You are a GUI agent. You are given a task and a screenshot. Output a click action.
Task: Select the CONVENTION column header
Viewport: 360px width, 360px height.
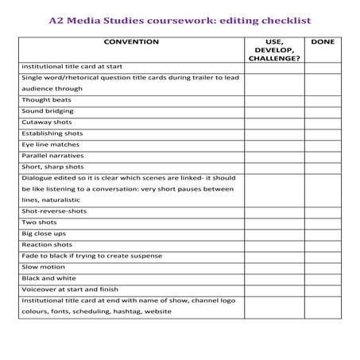131,41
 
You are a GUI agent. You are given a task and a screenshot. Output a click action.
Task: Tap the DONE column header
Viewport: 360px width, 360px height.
323,41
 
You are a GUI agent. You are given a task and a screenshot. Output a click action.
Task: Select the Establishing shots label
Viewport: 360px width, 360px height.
52,134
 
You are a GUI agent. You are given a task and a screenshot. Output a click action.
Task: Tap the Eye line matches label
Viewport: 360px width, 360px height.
51,145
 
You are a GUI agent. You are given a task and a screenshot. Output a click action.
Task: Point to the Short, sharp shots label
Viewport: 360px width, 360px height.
52,167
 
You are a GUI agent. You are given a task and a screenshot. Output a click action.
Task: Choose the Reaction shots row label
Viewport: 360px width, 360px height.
47,245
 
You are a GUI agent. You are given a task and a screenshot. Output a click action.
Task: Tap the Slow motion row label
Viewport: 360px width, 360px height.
43,267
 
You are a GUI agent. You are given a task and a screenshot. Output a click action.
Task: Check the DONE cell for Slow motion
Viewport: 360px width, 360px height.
323,267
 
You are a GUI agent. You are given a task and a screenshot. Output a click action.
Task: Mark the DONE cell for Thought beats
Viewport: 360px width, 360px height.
323,100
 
